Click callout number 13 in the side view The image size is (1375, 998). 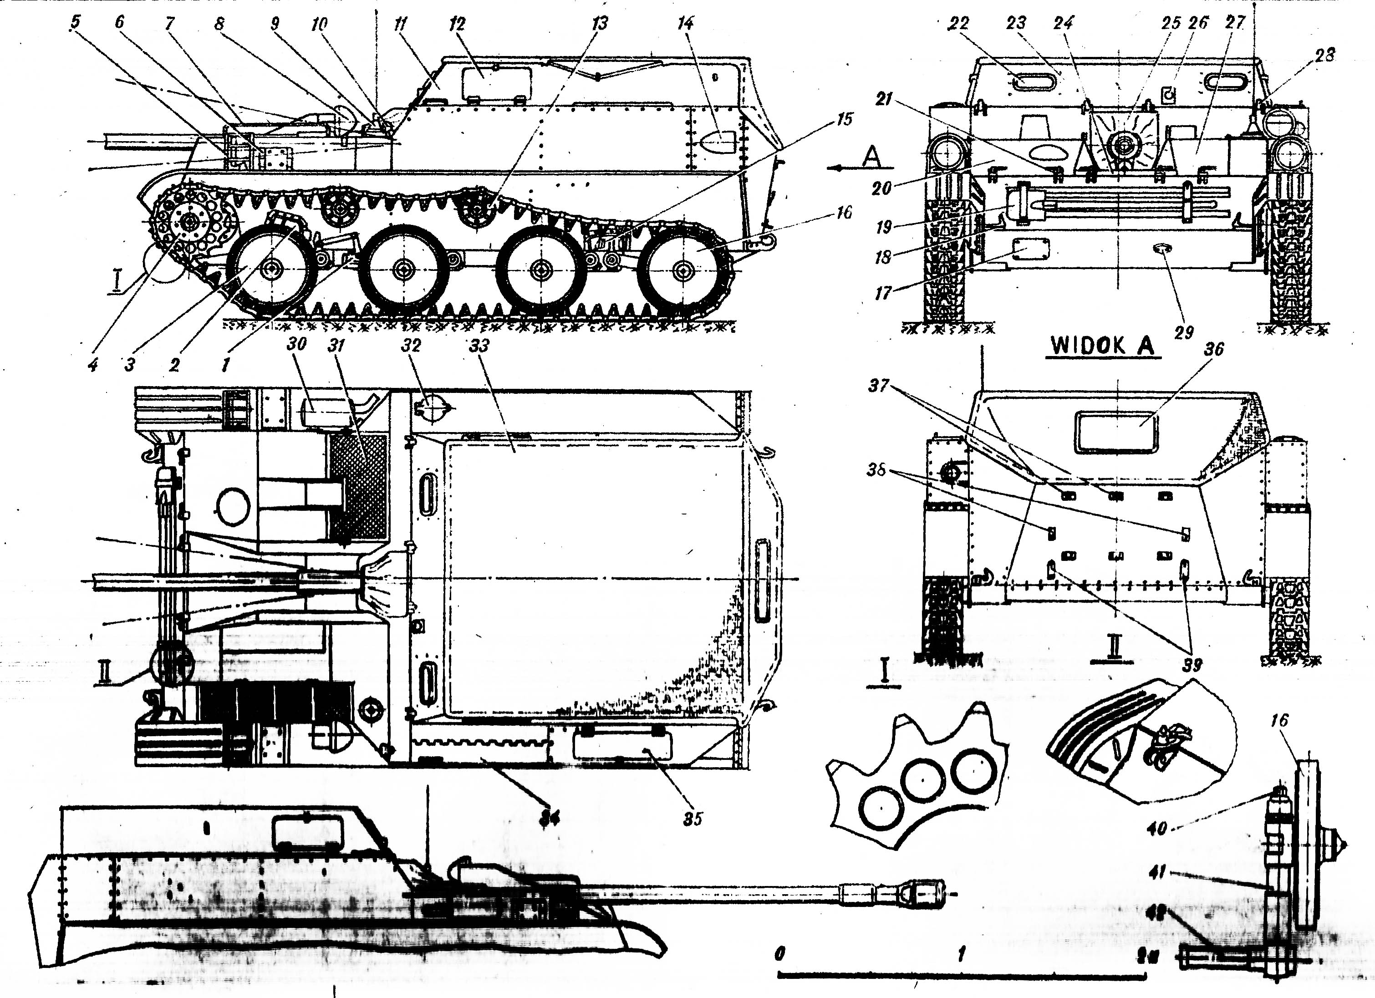(600, 24)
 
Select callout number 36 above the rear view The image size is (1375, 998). (1214, 349)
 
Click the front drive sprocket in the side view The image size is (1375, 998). (188, 223)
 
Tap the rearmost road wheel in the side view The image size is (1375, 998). (684, 270)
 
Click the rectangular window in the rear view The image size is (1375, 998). (1116, 432)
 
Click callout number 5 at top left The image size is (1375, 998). (75, 22)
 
